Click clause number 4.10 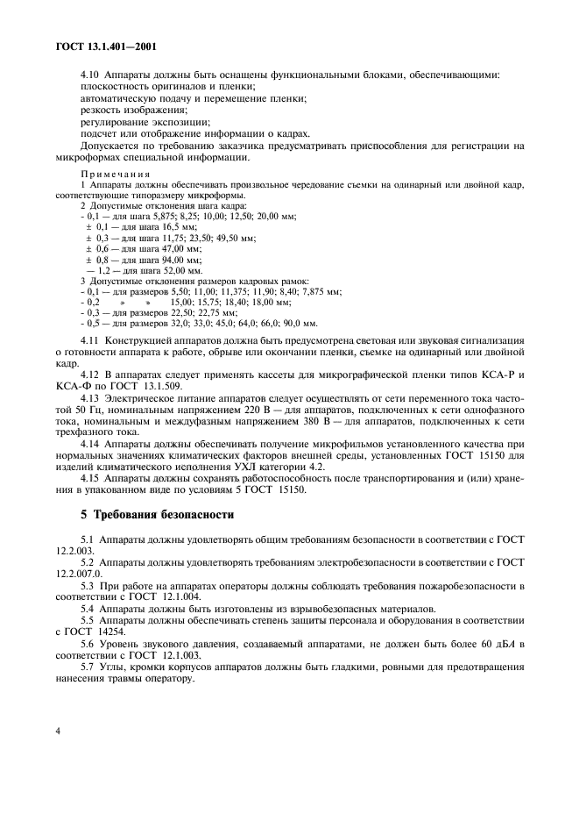coord(90,74)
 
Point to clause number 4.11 coord(90,339)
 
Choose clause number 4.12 coord(90,375)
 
